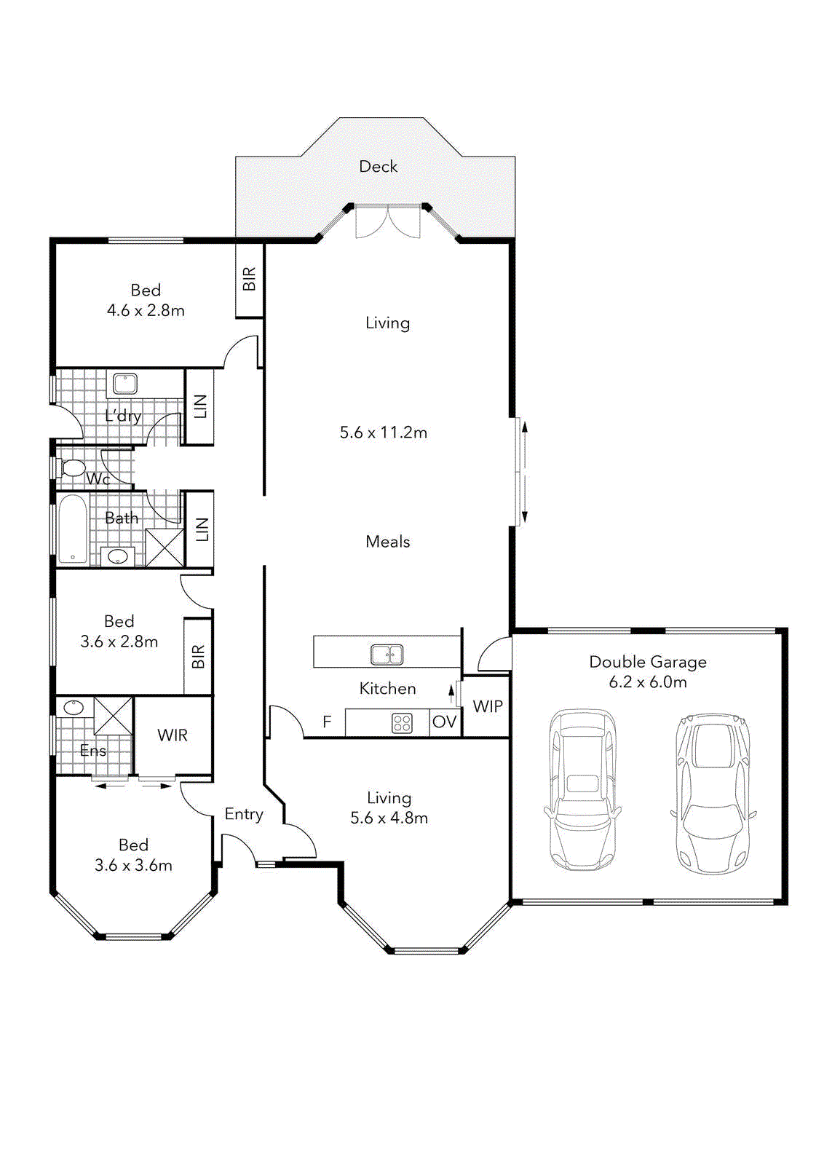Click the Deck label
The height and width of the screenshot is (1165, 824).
click(x=379, y=167)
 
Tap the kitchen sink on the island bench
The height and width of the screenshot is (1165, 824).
click(x=387, y=655)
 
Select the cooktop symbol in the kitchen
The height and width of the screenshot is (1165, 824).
click(x=402, y=723)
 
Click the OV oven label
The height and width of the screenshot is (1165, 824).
click(x=444, y=722)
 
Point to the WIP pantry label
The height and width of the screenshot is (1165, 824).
click(x=487, y=706)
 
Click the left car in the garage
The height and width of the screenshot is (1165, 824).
click(x=582, y=790)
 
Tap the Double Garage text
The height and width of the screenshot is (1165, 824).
click(x=647, y=662)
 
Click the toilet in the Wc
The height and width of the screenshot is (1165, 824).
click(x=72, y=467)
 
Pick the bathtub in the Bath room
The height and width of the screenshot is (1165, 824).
click(x=72, y=529)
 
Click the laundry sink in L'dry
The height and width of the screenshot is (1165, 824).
click(x=125, y=383)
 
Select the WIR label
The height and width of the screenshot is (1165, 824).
click(x=173, y=735)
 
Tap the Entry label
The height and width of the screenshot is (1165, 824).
click(x=244, y=814)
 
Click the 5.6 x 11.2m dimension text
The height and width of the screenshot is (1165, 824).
click(x=384, y=433)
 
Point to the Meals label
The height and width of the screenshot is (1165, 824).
click(x=387, y=542)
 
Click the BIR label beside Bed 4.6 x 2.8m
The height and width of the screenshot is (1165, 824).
click(x=249, y=279)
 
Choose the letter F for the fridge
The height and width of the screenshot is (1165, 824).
click(x=327, y=722)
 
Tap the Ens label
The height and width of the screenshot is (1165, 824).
click(x=93, y=751)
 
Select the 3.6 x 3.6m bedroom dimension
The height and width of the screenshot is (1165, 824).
click(x=133, y=866)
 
